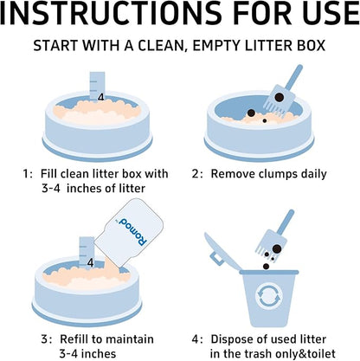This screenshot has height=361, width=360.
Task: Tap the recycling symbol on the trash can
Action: coord(268,296)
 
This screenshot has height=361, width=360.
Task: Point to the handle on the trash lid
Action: coord(215,258)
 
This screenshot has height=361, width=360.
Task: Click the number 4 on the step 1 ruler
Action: coord(100,98)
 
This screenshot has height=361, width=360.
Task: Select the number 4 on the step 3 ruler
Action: coord(90,263)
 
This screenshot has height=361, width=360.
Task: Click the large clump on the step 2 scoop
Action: coord(279,97)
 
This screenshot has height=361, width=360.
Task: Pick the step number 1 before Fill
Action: coord(27,174)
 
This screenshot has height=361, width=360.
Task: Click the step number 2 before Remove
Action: coord(196,174)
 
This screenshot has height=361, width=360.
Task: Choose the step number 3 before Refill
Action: coord(46,339)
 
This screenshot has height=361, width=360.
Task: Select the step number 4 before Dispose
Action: coord(196,339)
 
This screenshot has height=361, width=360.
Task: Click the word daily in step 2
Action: coord(313,175)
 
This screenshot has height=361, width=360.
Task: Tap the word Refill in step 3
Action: coord(74,339)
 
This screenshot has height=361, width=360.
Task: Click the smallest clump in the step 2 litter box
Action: coord(265,121)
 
